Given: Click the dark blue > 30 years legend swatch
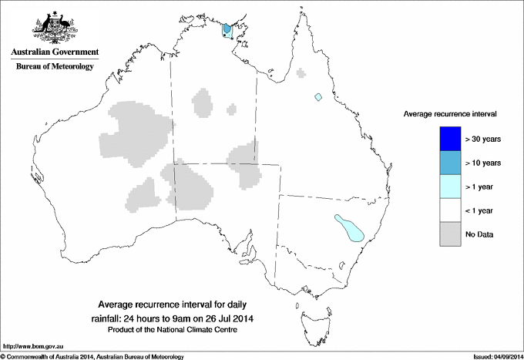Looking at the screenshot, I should (x=446, y=139).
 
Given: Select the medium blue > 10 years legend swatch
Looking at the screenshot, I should (x=446, y=163).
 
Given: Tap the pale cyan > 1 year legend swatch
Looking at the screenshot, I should (x=446, y=187).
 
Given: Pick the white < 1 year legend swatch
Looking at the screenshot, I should (x=446, y=210).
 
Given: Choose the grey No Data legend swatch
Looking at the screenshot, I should (x=446, y=234).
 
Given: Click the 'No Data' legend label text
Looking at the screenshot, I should (x=479, y=234).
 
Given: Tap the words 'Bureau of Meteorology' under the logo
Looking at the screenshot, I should (x=55, y=67).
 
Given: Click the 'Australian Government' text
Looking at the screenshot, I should (x=55, y=52).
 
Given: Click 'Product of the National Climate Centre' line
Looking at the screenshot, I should (x=177, y=330).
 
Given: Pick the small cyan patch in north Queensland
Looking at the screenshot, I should (x=318, y=97).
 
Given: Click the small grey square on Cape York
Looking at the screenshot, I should (x=301, y=74).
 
